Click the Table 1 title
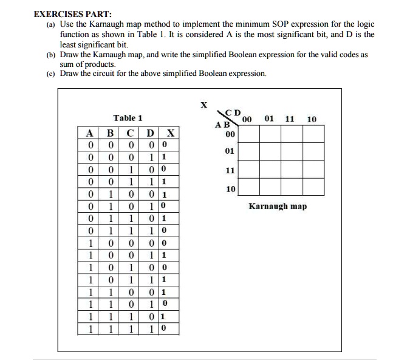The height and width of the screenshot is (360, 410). [128, 118]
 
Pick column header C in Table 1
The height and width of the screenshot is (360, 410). [130, 133]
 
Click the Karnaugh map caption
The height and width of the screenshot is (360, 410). [278, 206]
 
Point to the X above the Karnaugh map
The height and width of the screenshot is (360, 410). [204, 105]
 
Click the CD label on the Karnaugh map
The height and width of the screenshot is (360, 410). [233, 112]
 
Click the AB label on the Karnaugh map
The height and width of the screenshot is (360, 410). [222, 124]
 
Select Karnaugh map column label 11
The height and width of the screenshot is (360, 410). [290, 119]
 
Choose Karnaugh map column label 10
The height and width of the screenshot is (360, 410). [312, 119]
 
